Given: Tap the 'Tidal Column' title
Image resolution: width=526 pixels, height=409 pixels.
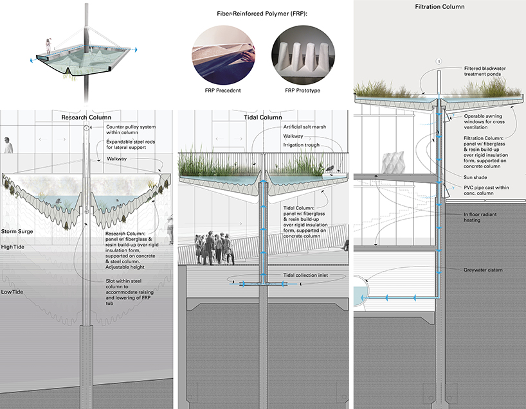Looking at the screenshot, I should pos(263,117).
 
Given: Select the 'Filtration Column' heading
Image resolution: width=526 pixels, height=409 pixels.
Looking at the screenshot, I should pos(440,7).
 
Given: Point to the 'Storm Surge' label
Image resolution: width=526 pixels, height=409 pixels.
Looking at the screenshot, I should pos(17,231).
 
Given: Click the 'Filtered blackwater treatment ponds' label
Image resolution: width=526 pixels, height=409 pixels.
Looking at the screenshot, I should pos(488,72).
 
